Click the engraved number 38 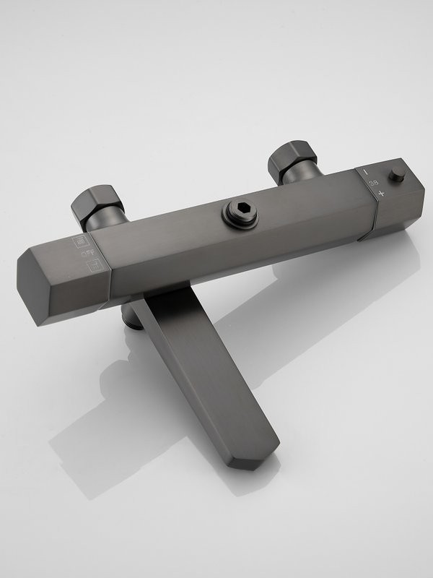374,184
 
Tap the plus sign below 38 380,194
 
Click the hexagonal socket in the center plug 240,210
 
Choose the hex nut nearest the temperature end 292,158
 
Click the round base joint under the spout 132,316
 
